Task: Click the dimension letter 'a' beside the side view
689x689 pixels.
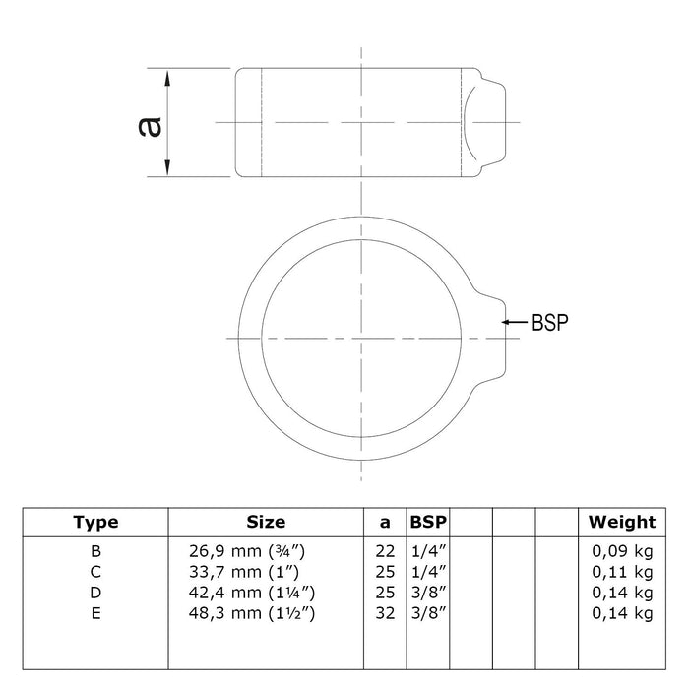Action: pyautogui.click(x=150, y=127)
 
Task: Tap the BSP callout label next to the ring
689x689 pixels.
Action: pyautogui.click(x=549, y=322)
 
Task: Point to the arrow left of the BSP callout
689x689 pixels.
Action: pyautogui.click(x=515, y=322)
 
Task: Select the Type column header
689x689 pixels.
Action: pyautogui.click(x=95, y=522)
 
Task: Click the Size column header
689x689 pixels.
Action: pyautogui.click(x=266, y=522)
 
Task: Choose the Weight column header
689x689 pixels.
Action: pyautogui.click(x=622, y=522)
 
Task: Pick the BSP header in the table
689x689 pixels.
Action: pyautogui.click(x=428, y=522)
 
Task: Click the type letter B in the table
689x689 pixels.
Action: pyautogui.click(x=95, y=551)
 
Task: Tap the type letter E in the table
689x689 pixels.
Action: pyautogui.click(x=95, y=613)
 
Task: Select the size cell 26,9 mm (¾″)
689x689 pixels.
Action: pyautogui.click(x=247, y=551)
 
